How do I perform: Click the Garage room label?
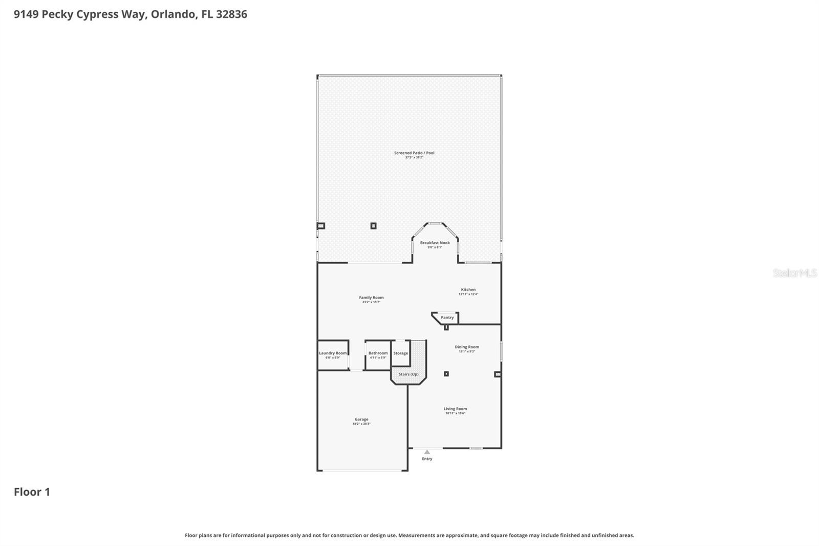point(361,419)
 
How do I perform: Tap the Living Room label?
point(455,409)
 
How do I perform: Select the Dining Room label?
point(467,347)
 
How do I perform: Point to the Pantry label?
point(447,318)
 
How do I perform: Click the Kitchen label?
point(468,289)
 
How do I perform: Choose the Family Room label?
point(371,298)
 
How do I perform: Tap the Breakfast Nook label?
point(435,243)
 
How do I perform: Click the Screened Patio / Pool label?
point(414,153)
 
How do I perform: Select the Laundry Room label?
point(333,353)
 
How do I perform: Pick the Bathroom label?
point(378,353)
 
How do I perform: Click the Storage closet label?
point(401,353)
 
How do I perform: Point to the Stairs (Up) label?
point(408,374)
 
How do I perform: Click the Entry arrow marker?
point(427,452)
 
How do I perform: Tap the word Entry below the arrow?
point(427,459)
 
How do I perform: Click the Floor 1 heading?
point(32,492)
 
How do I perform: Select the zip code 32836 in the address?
point(231,14)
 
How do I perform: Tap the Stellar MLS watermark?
point(794,273)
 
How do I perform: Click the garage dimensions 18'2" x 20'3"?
point(361,424)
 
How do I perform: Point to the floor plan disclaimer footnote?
point(409,535)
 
